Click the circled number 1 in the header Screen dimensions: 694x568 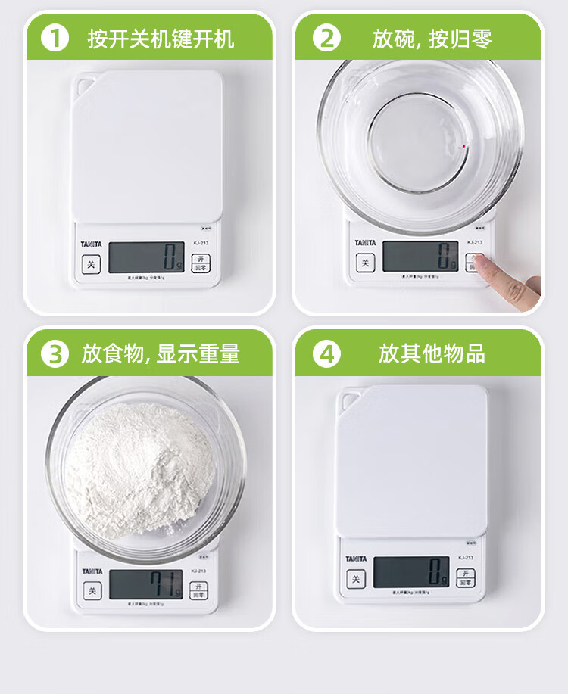click(55, 38)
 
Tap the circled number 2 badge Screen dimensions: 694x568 click(326, 38)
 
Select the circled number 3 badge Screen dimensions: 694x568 click(55, 353)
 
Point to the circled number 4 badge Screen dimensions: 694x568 click(326, 353)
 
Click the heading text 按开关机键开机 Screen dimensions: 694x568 click(161, 38)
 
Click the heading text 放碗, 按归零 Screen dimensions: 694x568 click(432, 38)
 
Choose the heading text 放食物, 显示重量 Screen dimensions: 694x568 click(161, 353)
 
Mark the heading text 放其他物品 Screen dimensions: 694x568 click(432, 353)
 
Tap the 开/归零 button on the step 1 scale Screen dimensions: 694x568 click(200, 263)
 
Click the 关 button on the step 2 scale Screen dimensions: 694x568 click(366, 263)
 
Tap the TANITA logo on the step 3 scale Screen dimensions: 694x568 click(91, 571)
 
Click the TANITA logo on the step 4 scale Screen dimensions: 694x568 click(356, 559)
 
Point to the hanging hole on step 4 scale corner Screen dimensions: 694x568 click(351, 397)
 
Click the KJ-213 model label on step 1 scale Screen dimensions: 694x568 click(201, 242)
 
